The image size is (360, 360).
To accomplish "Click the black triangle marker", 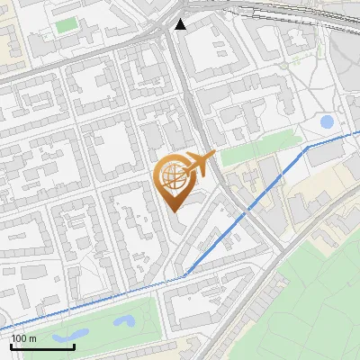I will pyautogui.click(x=181, y=24).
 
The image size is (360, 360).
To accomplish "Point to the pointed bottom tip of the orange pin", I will pyautogui.click(x=173, y=211).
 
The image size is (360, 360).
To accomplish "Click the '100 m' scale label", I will pyautogui.click(x=24, y=338).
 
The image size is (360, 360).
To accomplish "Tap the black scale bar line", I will pyautogui.click(x=42, y=346).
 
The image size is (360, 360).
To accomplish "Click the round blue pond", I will pyautogui.click(x=327, y=121).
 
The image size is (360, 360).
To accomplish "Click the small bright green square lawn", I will pyautogui.click(x=66, y=24).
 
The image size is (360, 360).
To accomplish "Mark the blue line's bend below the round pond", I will pyautogui.click(x=308, y=146).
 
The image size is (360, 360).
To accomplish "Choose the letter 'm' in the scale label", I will pyautogui.click(x=32, y=338).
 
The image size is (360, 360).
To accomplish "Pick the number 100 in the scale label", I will pyautogui.click(x=20, y=338).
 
